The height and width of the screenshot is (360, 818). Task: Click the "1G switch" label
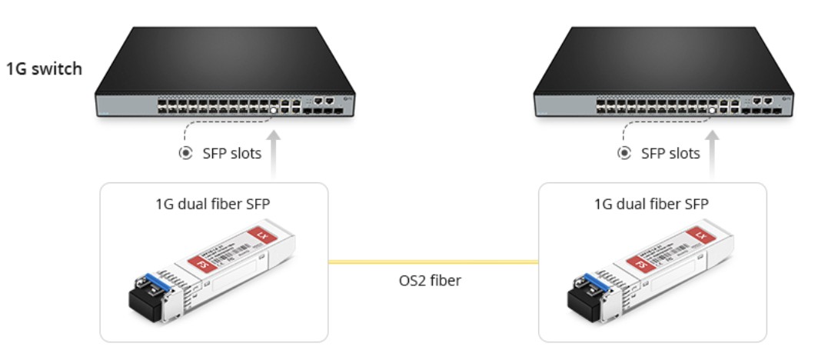coord(45,69)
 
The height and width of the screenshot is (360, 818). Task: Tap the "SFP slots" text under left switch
coord(231,153)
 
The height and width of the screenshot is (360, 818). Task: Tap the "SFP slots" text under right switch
coord(670,153)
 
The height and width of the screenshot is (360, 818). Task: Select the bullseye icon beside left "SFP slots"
coord(185,153)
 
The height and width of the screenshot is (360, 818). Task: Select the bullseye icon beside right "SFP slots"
coord(624,153)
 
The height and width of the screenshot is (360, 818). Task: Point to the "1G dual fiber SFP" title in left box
coord(214,204)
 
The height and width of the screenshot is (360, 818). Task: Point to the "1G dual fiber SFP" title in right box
coord(653,204)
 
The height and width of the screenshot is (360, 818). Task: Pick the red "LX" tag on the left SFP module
coord(260,233)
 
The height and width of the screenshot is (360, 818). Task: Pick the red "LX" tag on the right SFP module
coord(699,233)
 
